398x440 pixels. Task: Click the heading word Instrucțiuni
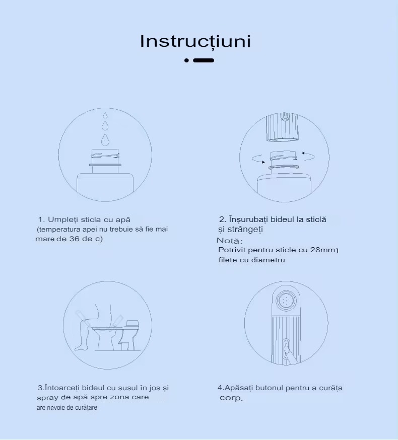[x=195, y=41]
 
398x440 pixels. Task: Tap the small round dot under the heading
[x=186, y=60]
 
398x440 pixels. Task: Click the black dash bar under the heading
[x=204, y=60]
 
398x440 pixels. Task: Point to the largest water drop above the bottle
[x=105, y=139]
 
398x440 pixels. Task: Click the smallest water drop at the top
[x=105, y=115]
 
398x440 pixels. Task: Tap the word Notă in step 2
[x=228, y=241]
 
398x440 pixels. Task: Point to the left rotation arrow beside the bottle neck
[x=258, y=159]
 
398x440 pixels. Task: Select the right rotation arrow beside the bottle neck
[x=308, y=156]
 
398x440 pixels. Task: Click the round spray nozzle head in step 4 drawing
[x=286, y=301]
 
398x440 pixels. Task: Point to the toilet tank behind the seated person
[x=132, y=325]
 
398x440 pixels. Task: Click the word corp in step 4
[x=230, y=398]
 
